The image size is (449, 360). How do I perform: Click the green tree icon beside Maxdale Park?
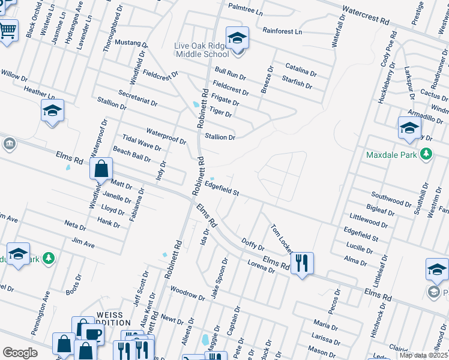[426, 154]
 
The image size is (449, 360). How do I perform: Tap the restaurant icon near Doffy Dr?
[302, 262]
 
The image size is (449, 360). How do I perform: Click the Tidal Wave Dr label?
[142, 142]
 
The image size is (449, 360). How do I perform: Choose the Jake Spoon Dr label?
[220, 278]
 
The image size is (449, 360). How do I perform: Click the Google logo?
[19, 353]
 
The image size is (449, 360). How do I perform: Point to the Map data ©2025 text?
[423, 355]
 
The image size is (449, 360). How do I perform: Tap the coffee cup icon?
[92, 334]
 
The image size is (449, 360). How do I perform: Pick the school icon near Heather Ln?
[52, 110]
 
